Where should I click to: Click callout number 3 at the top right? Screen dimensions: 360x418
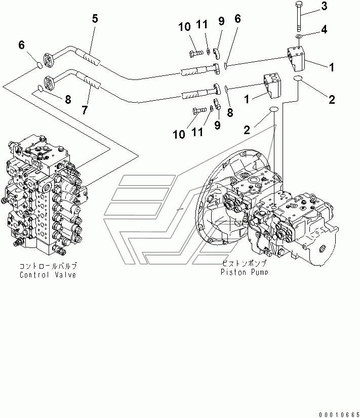pyautogui.click(x=324, y=6)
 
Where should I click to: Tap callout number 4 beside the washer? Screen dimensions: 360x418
pyautogui.click(x=324, y=30)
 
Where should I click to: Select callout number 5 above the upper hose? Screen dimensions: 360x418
pyautogui.click(x=95, y=19)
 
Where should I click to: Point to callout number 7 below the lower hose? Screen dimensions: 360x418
pyautogui.click(x=85, y=110)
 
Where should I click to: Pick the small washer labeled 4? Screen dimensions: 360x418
pyautogui.click(x=299, y=36)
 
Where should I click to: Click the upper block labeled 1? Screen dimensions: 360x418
pyautogui.click(x=296, y=59)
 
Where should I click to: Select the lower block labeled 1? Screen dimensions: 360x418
pyautogui.click(x=272, y=86)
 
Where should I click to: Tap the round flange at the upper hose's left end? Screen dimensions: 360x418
pyautogui.click(x=48, y=60)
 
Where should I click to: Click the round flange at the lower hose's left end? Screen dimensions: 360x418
pyautogui.click(x=48, y=83)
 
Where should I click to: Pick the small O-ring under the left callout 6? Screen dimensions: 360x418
pyautogui.click(x=39, y=65)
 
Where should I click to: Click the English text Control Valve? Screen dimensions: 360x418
pyautogui.click(x=48, y=275)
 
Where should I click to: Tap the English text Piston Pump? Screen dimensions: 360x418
pyautogui.click(x=244, y=272)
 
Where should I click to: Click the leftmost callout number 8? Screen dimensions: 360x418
pyautogui.click(x=68, y=100)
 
